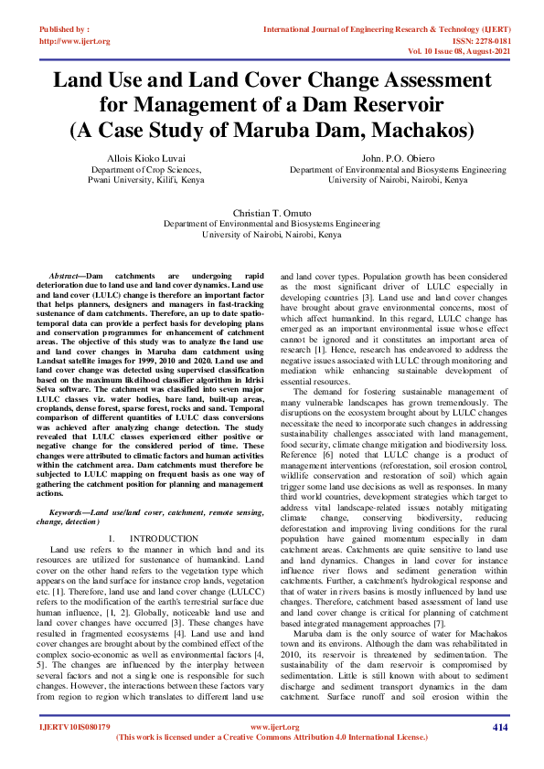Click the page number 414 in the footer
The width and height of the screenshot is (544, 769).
coord(499,727)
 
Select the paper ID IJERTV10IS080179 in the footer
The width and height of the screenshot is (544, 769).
coord(74,727)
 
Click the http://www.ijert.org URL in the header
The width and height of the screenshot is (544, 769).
coord(75,41)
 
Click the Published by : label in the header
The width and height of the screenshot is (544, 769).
coord(65,29)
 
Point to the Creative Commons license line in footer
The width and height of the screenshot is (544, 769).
coord(272,736)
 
